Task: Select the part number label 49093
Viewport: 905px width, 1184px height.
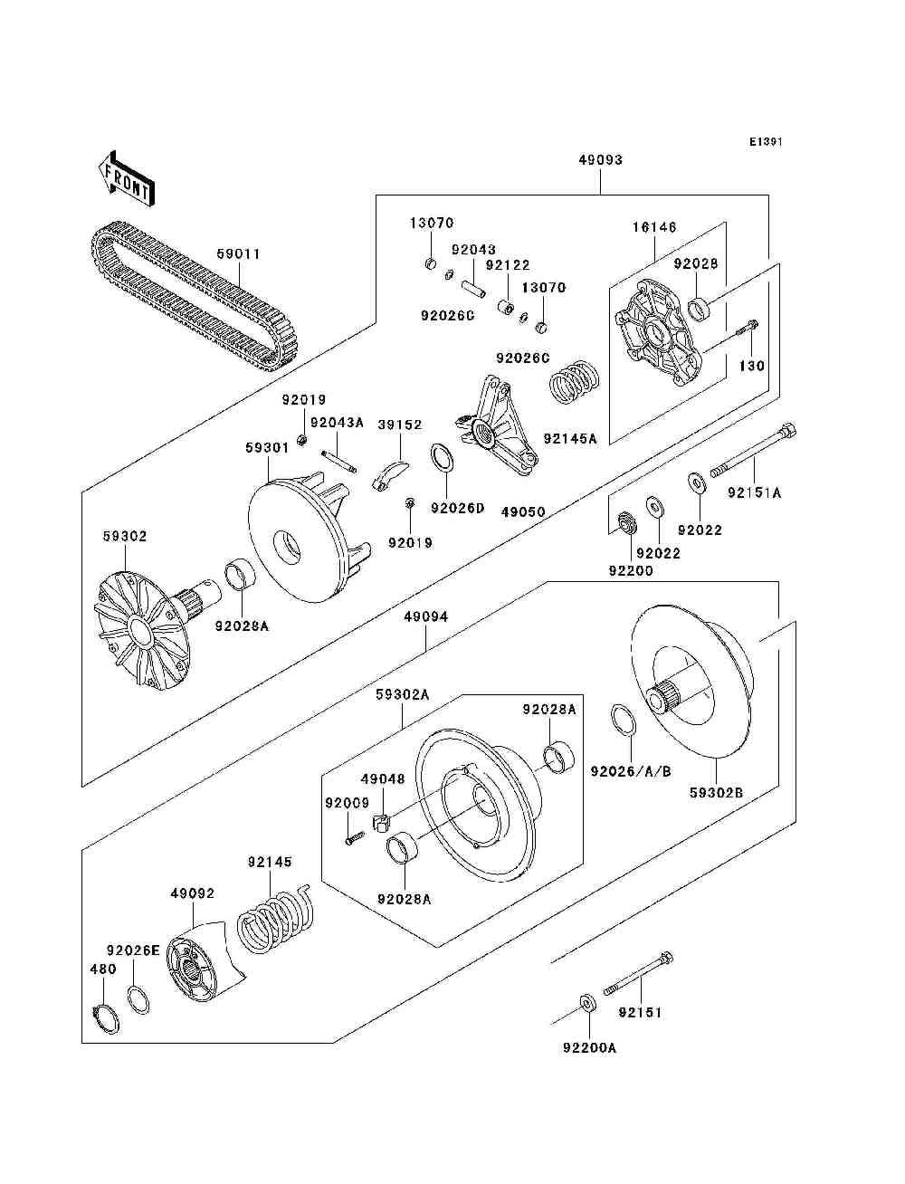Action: pos(601,160)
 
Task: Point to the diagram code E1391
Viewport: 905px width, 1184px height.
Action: pos(765,142)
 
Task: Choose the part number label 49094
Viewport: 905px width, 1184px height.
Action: pos(425,617)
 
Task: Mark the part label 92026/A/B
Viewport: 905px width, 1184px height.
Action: pos(631,771)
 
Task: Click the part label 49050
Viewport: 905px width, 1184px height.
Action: pos(523,512)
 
